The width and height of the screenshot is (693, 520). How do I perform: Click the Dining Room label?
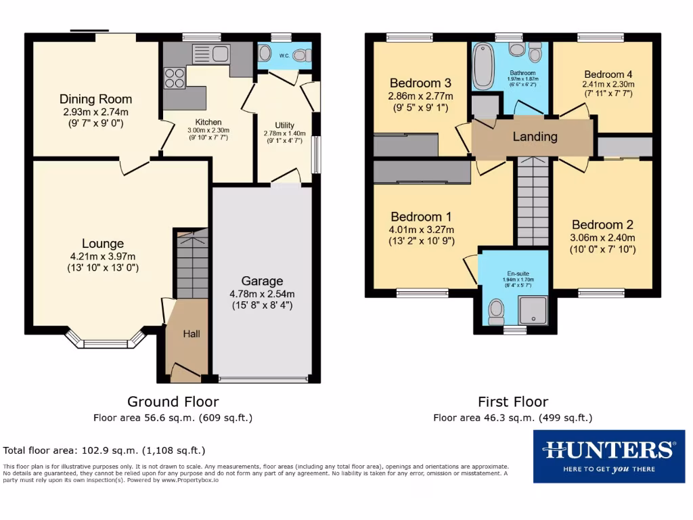(95, 99)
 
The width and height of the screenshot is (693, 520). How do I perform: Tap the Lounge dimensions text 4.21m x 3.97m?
(103, 256)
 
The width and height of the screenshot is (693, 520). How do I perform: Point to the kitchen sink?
(211, 53)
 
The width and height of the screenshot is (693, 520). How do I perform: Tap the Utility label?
(284, 125)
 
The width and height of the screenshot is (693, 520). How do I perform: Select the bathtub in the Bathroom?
(483, 65)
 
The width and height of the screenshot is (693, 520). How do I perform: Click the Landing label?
(535, 137)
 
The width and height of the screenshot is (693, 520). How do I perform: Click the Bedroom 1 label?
(421, 217)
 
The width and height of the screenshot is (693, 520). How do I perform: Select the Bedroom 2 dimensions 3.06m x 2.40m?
(602, 238)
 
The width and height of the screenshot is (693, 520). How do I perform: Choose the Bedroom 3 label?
(420, 83)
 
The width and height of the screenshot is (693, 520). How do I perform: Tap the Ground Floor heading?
(173, 402)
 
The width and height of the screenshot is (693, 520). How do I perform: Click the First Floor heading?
(513, 402)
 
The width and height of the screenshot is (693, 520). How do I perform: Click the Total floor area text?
(104, 450)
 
